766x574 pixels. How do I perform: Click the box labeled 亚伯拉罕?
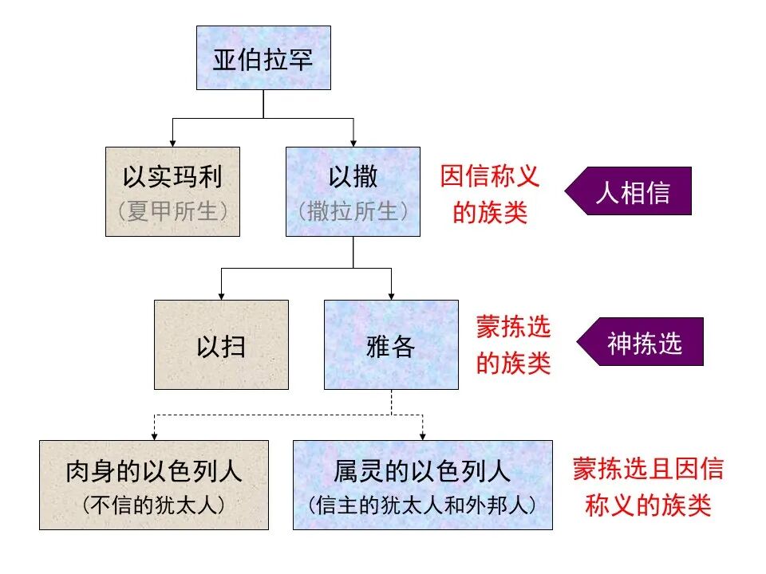pos(263,57)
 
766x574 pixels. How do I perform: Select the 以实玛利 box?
pos(172,191)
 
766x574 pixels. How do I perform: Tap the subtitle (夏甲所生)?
pos(172,212)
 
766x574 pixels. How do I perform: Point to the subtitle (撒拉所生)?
pos(353,212)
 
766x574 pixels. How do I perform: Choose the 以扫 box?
pos(221,344)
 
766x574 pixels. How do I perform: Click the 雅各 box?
pos(391,344)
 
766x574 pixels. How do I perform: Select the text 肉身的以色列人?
pos(153,472)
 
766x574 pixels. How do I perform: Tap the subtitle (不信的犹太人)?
pos(153,505)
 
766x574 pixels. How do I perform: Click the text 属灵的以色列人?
pos(422,472)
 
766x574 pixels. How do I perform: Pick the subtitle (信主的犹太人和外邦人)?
pos(422,505)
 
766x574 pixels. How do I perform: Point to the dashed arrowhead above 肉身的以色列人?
pos(153,435)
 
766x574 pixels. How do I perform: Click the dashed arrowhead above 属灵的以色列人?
pos(422,435)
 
